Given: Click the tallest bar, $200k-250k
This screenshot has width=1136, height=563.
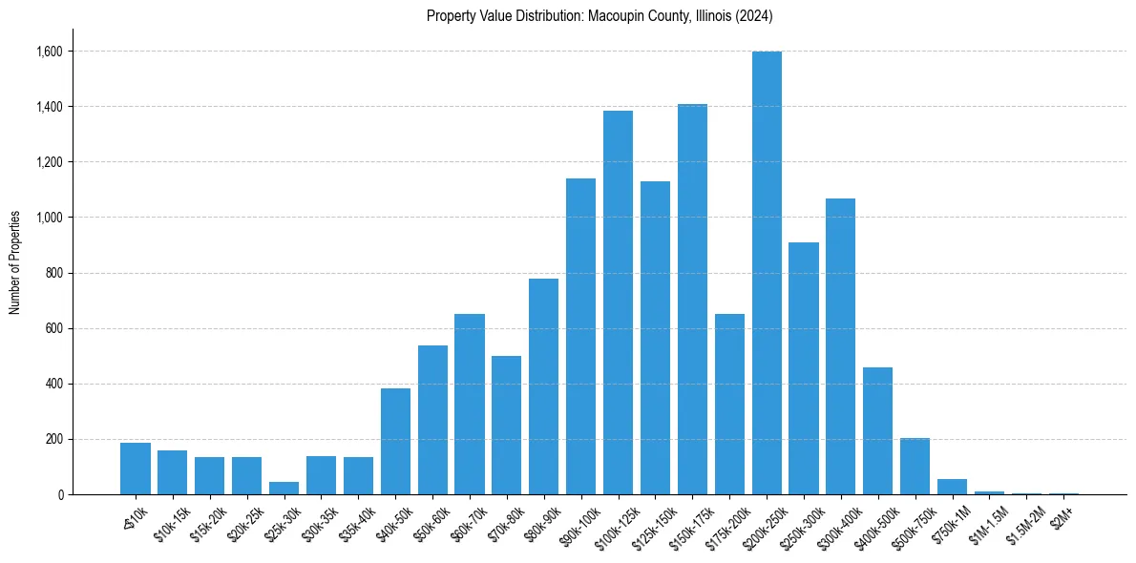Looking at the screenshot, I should pos(767,273).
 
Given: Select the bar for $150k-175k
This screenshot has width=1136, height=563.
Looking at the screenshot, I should pos(692,300).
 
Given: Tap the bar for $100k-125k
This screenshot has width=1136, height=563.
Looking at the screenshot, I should pos(618,302).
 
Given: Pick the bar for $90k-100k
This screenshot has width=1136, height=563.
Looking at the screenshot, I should pos(580,336).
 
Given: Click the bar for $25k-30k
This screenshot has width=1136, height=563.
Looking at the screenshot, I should pos(284,488).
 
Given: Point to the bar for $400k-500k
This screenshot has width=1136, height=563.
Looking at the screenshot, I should pos(877,430).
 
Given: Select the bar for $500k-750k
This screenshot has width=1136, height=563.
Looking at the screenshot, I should pos(915,466).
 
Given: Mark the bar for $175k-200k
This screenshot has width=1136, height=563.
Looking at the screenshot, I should pos(729,404).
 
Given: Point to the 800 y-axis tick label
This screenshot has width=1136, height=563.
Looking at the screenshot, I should pos(54,273).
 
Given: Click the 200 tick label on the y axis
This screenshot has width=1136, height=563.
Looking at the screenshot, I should pos(54,439).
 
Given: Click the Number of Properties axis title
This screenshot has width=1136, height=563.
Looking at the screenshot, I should pos(14,261).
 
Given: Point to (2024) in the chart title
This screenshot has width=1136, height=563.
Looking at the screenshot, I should pos(754,16).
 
